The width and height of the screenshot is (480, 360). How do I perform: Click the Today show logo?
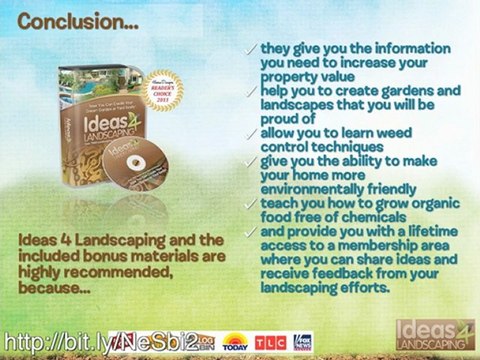236,341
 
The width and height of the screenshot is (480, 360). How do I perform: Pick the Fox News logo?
301,341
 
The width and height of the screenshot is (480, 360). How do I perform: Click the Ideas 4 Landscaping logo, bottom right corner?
435,334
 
